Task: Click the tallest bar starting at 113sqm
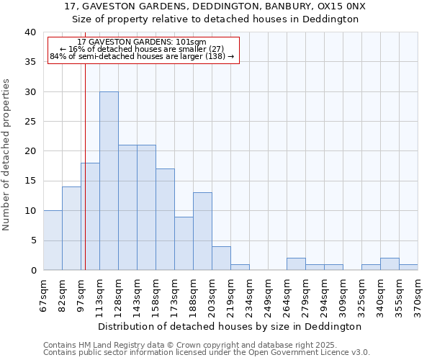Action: (109, 181)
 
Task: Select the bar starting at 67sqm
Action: (53, 240)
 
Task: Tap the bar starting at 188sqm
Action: (202, 231)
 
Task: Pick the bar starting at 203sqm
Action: (221, 258)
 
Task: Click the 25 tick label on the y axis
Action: (31, 122)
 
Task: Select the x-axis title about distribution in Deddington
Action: (229, 326)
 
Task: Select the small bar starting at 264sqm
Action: (296, 264)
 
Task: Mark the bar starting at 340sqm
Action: (390, 264)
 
